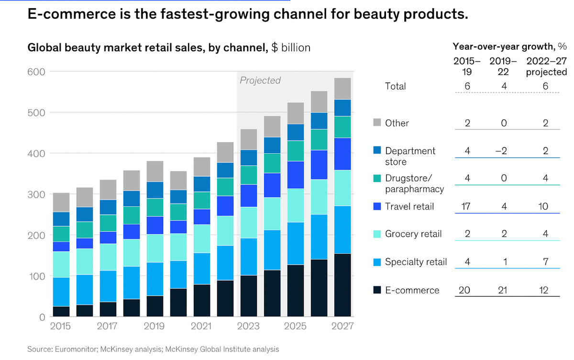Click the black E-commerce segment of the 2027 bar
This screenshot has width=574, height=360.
pyautogui.click(x=342, y=285)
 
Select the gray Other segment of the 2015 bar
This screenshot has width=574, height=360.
pyautogui.click(x=61, y=202)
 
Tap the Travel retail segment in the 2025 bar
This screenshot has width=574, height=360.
pyautogui.click(x=296, y=175)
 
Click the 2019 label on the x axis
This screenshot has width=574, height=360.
pyautogui.click(x=154, y=326)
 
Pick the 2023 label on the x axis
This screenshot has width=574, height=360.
pyautogui.click(x=249, y=326)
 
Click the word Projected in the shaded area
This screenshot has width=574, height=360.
pyautogui.click(x=260, y=80)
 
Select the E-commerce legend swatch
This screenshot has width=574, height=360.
pyautogui.click(x=377, y=290)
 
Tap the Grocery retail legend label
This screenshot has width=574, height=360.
pyautogui.click(x=413, y=234)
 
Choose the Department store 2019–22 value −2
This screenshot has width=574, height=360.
pyautogui.click(x=502, y=151)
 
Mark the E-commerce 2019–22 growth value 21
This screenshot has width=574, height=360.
pyautogui.click(x=502, y=290)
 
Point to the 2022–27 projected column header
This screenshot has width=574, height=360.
pyautogui.click(x=547, y=67)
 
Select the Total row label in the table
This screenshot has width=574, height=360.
pyautogui.click(x=395, y=86)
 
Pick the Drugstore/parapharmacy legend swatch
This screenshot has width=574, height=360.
pyautogui.click(x=377, y=179)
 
